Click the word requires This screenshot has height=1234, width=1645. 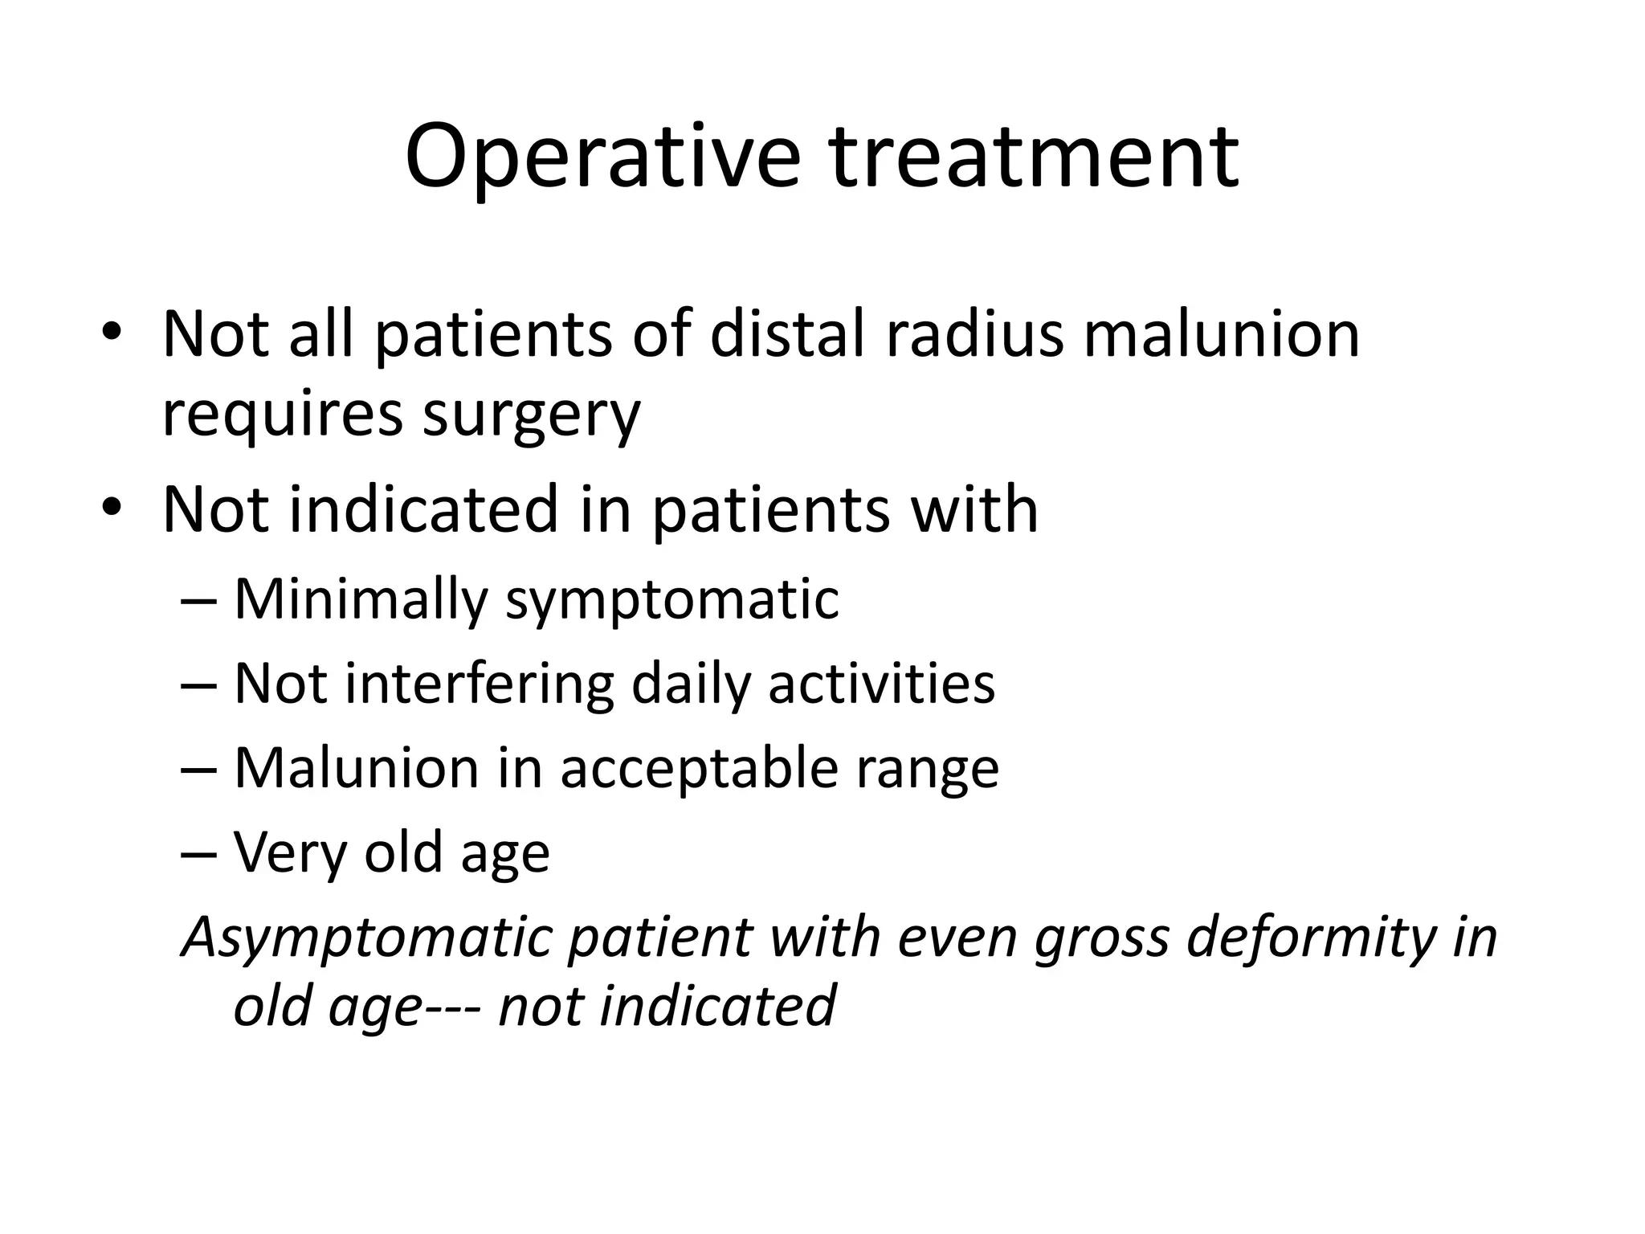[x=282, y=416]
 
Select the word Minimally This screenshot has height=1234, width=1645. [x=361, y=600]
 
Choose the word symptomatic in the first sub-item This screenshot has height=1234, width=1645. [x=671, y=600]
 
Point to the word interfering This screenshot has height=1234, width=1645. [x=479, y=684]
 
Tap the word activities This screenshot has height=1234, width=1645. [x=881, y=684]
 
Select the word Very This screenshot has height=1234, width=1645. [x=289, y=853]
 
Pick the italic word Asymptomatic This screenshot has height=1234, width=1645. [x=368, y=938]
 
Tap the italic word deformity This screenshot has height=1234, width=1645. [x=1312, y=938]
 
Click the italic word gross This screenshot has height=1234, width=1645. [x=1101, y=938]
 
